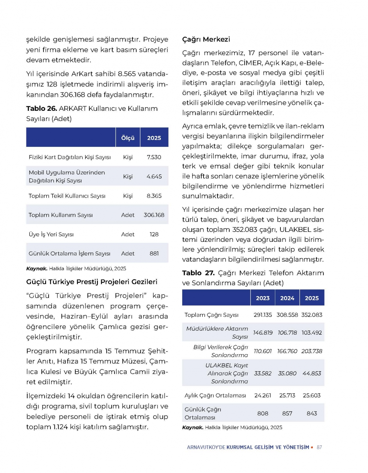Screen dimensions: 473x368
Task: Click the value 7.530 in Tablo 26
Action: click(154, 157)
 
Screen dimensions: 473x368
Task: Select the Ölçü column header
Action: click(128, 138)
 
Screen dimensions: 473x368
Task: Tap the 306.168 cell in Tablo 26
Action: click(154, 215)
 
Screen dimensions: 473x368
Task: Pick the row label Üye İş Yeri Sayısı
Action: click(51, 234)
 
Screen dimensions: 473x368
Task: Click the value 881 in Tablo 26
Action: click(154, 254)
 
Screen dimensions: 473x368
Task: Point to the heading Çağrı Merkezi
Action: click(206, 39)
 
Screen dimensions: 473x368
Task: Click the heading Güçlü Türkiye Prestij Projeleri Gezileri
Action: click(92, 282)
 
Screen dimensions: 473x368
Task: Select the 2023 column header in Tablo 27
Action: click(263, 298)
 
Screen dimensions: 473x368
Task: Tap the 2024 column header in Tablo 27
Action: click(287, 298)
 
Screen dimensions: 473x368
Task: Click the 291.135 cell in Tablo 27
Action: click(263, 315)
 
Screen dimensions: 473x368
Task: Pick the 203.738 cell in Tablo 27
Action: click(312, 351)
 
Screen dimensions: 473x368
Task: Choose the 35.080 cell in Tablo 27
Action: click(287, 373)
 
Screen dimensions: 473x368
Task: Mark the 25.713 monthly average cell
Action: click(287, 395)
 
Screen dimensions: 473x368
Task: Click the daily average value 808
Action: click(263, 413)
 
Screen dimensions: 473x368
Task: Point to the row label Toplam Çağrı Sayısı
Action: click(212, 315)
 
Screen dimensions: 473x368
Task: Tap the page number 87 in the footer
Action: click(319, 447)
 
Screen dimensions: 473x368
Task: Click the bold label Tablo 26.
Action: click(41, 109)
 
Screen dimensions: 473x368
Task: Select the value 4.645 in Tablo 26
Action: click(154, 177)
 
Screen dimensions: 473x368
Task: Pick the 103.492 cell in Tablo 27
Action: click(312, 333)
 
